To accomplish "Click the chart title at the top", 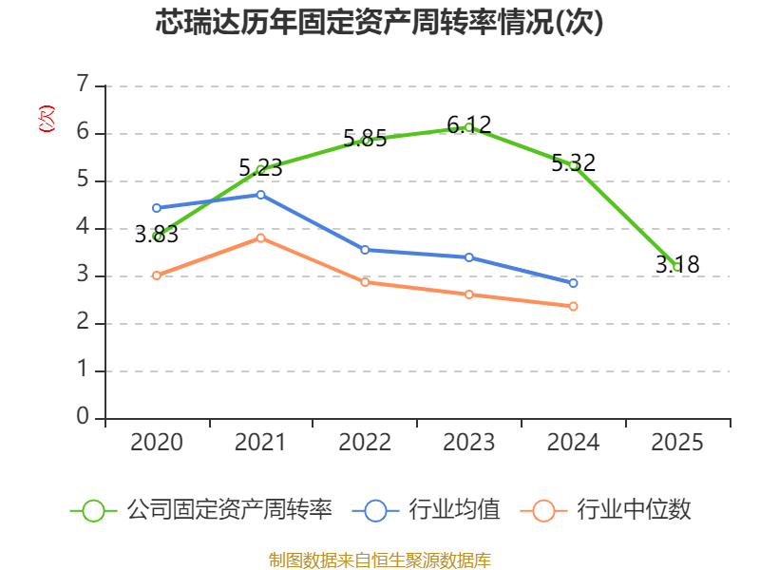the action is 379,22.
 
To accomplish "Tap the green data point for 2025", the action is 677,267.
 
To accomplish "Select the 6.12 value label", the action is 468,125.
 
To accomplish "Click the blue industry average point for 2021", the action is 260,195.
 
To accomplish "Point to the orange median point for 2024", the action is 573,306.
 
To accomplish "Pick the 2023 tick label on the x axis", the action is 468,442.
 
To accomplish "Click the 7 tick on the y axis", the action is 83,84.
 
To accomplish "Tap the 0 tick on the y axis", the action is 83,416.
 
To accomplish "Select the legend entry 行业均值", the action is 426,510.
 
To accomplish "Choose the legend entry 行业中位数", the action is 605,510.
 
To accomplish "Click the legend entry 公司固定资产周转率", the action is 201,510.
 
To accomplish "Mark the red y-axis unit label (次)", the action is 47,119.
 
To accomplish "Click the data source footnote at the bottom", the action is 379,560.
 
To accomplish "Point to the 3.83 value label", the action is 156,235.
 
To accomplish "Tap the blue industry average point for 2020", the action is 157,208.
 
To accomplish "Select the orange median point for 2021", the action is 260,238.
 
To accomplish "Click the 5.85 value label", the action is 365,139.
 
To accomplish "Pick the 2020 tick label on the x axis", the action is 156,442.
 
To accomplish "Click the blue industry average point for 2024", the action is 573,283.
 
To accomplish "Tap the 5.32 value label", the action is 574,162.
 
